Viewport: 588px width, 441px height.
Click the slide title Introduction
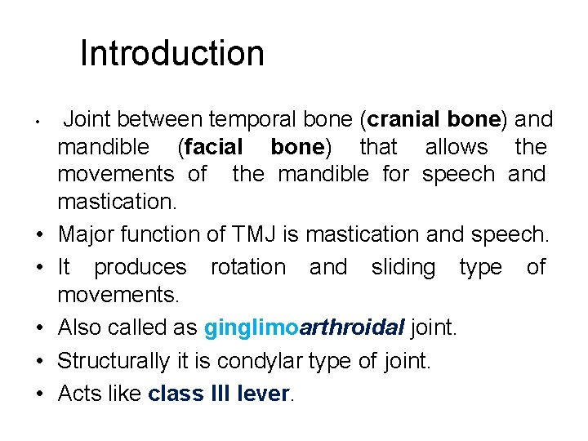click(172, 54)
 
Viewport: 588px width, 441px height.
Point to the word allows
click(456, 148)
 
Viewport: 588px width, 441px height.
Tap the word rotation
click(248, 267)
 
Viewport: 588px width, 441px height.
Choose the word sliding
click(403, 267)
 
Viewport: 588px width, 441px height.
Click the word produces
click(140, 267)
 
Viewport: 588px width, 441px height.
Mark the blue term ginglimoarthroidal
click(304, 328)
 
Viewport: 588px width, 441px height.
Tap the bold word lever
click(264, 394)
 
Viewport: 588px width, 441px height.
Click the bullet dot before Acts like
click(39, 394)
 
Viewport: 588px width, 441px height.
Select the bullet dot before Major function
click(39, 235)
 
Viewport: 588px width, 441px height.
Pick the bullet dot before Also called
click(39, 329)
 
